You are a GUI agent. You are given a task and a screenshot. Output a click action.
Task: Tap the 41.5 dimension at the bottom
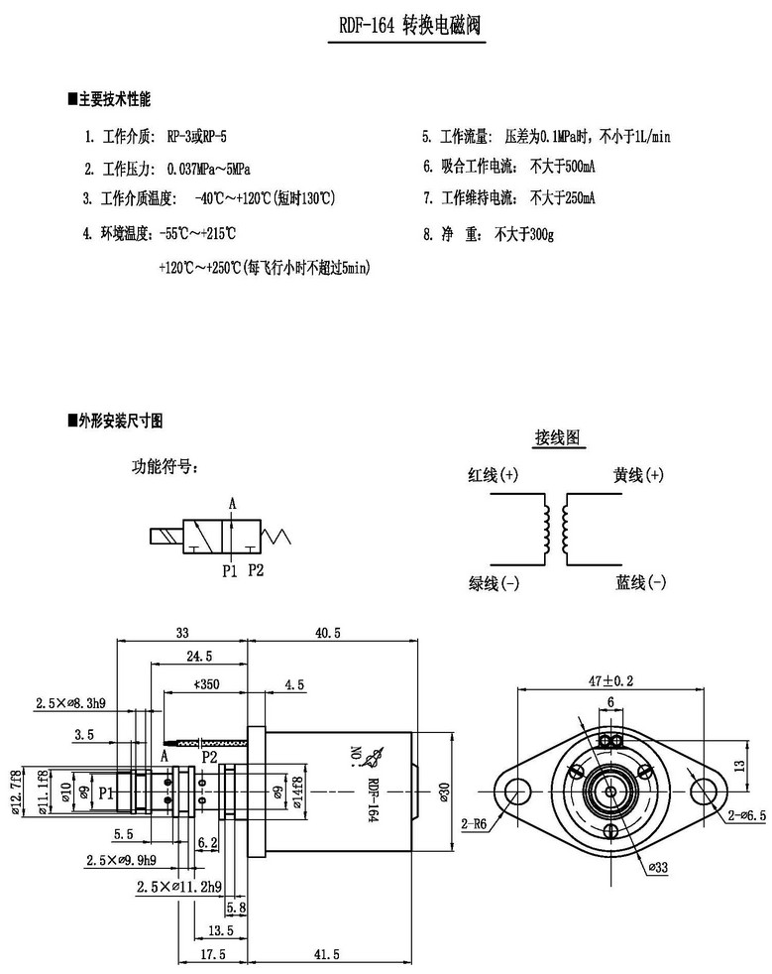pos(330,954)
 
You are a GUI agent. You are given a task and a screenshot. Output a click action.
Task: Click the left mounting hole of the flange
pos(515,790)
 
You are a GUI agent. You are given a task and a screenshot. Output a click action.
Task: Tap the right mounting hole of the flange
pos(705,790)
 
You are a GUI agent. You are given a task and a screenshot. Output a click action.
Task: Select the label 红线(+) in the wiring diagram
pos(493,475)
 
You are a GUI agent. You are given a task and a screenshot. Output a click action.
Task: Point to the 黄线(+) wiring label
pos(638,475)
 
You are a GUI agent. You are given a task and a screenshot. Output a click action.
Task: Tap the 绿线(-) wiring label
pos(493,582)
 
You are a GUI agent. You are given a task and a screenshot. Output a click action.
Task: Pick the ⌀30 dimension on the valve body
pos(442,790)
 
